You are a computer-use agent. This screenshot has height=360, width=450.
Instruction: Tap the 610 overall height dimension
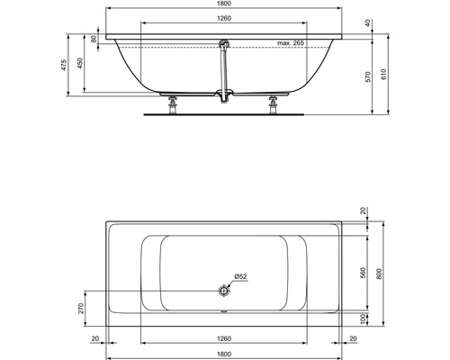tap(385, 77)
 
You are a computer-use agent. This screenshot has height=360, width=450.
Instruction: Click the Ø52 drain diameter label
tap(239, 275)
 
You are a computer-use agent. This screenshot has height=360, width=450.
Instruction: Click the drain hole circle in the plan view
tap(222, 290)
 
